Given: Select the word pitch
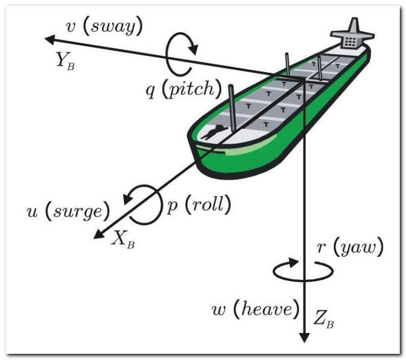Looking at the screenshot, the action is click(191, 89).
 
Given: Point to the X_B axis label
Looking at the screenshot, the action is click(123, 239).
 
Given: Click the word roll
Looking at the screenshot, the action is click(208, 205).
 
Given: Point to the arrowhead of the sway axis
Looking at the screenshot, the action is click(50, 39).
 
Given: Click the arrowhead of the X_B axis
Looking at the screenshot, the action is click(99, 234).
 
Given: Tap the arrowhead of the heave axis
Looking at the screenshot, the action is click(304, 337).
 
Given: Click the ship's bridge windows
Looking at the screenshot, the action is click(350, 41).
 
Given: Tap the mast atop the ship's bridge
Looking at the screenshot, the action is click(354, 25).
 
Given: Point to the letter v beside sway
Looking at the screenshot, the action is click(70, 28).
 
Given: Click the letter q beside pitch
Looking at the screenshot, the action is click(151, 91).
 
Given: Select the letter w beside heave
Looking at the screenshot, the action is click(219, 310).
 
